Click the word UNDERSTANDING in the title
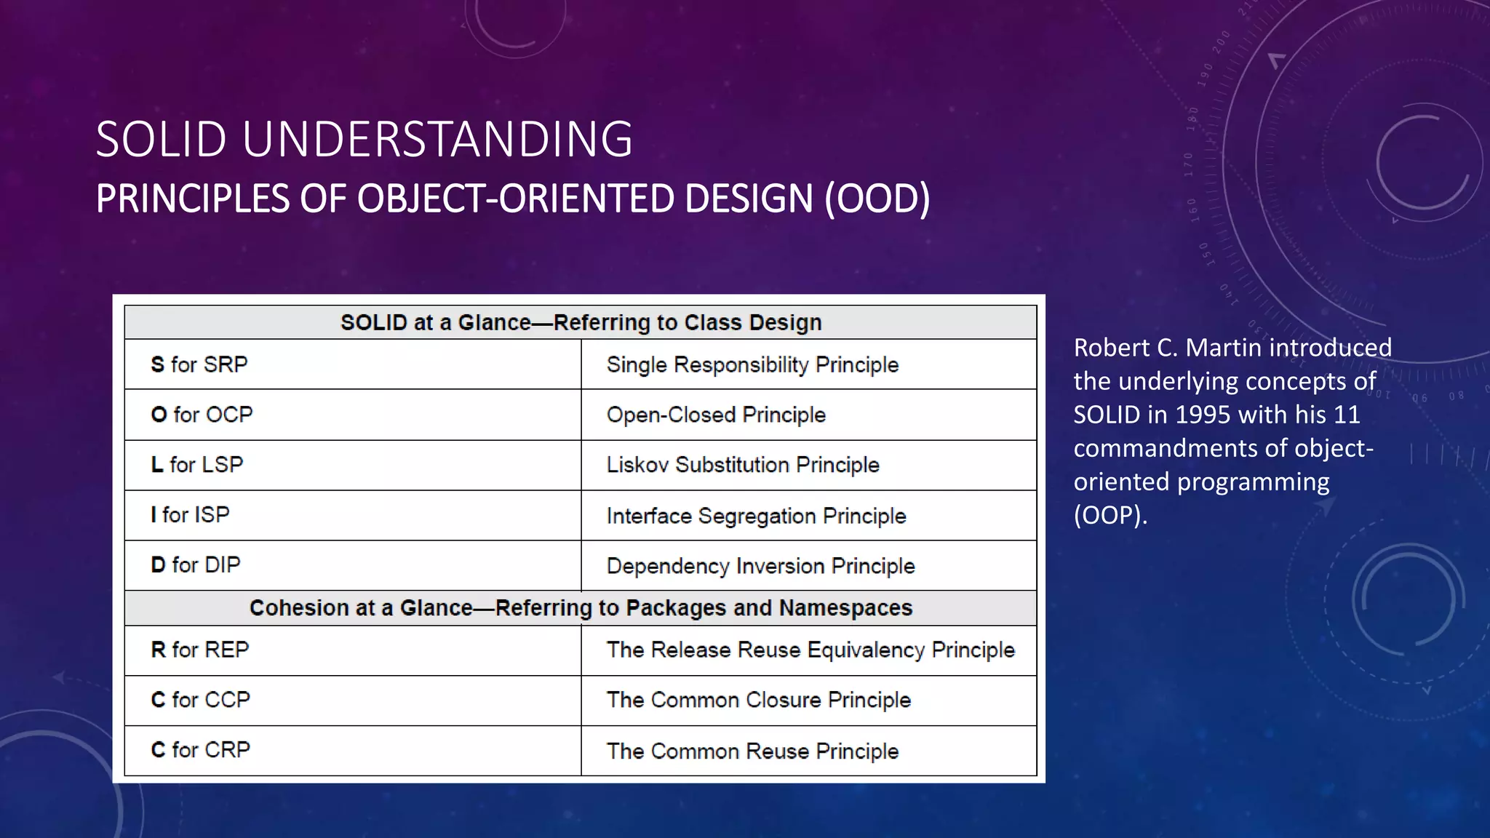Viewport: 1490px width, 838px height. [437, 139]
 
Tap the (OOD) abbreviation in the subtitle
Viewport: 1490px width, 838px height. [877, 199]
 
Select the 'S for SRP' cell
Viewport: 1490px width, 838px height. [199, 364]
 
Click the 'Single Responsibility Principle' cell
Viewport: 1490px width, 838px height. [752, 364]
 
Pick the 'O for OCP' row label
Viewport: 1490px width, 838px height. [202, 415]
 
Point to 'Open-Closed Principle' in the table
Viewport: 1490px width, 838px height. [716, 415]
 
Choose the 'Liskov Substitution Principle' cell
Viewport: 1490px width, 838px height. [743, 465]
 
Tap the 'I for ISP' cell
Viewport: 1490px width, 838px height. [190, 515]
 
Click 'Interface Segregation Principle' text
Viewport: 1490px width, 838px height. [756, 516]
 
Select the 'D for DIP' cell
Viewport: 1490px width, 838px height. [195, 565]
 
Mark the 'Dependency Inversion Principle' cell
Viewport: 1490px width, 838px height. [760, 566]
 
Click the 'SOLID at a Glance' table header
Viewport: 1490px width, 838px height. [581, 322]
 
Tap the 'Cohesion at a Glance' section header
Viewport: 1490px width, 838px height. [581, 607]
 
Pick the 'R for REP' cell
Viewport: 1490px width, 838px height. [199, 650]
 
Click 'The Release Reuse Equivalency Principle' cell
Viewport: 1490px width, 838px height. [810, 650]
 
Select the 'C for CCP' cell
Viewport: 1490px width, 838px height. [200, 700]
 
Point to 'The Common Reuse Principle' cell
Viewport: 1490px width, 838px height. [752, 751]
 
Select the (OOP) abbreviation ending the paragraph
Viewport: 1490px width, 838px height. [1109, 515]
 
